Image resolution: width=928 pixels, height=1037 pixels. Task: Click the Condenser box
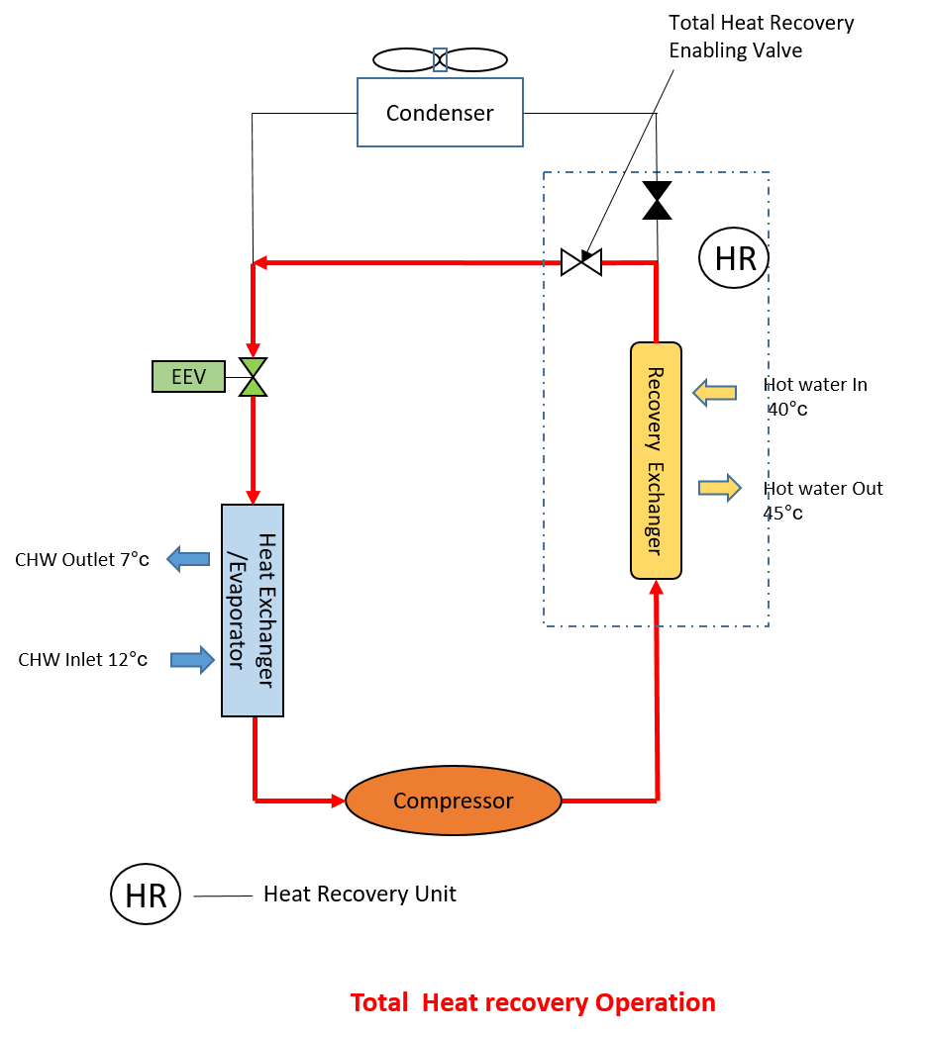pyautogui.click(x=440, y=113)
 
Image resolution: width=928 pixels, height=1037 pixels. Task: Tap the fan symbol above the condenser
pyautogui.click(x=440, y=59)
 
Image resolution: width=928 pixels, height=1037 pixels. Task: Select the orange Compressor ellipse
pyautogui.click(x=453, y=801)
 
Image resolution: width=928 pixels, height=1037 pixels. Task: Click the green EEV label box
pyautogui.click(x=188, y=377)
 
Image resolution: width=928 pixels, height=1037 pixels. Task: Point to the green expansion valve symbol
pyautogui.click(x=254, y=377)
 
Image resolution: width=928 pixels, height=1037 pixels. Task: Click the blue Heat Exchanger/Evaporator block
pyautogui.click(x=253, y=610)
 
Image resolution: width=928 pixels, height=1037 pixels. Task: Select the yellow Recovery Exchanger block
pyautogui.click(x=656, y=460)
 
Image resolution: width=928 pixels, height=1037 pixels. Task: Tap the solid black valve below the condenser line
pyautogui.click(x=656, y=201)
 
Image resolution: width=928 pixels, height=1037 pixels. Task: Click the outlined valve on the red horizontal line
pyautogui.click(x=580, y=262)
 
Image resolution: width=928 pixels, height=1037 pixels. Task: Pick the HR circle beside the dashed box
pyautogui.click(x=734, y=259)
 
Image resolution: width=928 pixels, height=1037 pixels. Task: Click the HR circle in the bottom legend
pyautogui.click(x=146, y=895)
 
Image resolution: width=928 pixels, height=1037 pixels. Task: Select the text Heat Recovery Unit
pyautogui.click(x=360, y=895)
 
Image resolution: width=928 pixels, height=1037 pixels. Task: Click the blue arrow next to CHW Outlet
pyautogui.click(x=188, y=560)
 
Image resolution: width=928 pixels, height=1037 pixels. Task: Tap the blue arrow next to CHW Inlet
pyautogui.click(x=192, y=659)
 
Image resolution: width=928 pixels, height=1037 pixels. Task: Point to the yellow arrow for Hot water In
pyautogui.click(x=715, y=393)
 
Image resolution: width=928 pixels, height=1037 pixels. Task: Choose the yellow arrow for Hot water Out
pyautogui.click(x=720, y=487)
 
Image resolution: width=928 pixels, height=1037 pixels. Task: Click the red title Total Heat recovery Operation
pyautogui.click(x=533, y=1002)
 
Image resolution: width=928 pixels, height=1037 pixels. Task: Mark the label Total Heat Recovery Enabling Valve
pyautogui.click(x=761, y=37)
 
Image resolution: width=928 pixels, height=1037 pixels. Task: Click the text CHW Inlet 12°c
pyautogui.click(x=83, y=659)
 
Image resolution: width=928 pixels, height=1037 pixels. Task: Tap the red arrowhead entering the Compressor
pyautogui.click(x=337, y=800)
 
